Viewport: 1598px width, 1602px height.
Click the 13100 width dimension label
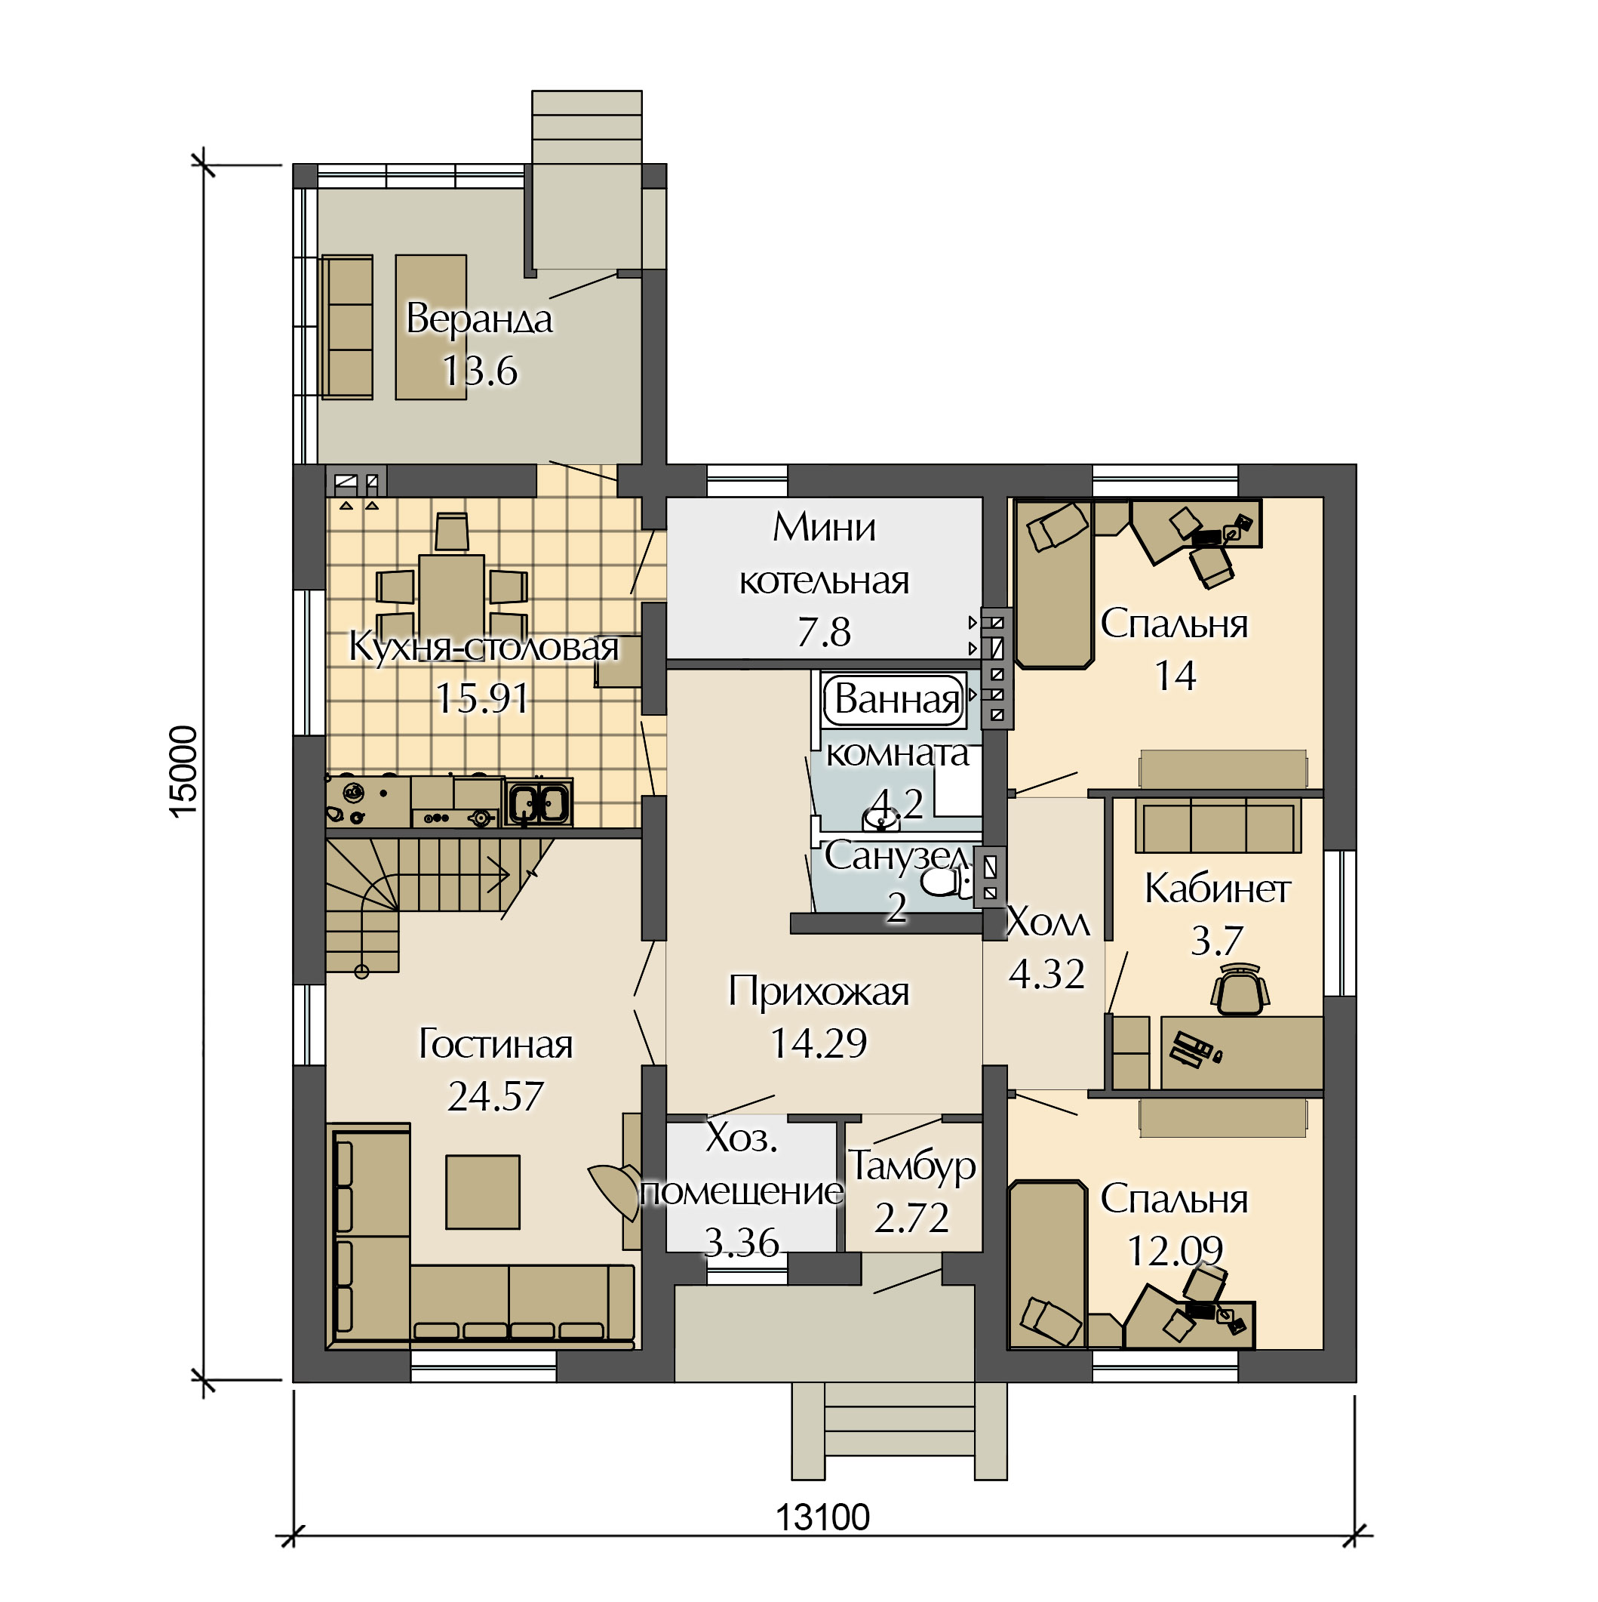(x=822, y=1518)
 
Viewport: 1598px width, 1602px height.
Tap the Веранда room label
(x=479, y=319)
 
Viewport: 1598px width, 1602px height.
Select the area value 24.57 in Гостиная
(x=495, y=1096)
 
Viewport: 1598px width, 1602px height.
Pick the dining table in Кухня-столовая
(x=451, y=597)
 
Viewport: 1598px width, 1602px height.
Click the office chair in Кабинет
(x=1240, y=989)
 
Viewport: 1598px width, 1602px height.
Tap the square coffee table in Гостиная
(x=482, y=1192)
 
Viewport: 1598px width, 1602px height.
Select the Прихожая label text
(x=819, y=992)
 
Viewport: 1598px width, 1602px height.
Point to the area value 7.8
(x=824, y=633)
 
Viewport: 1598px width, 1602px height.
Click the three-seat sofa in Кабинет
(x=1218, y=824)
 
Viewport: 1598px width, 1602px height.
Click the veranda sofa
(x=347, y=328)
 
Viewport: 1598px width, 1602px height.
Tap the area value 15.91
(x=481, y=698)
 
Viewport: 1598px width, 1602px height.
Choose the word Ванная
(x=897, y=700)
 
